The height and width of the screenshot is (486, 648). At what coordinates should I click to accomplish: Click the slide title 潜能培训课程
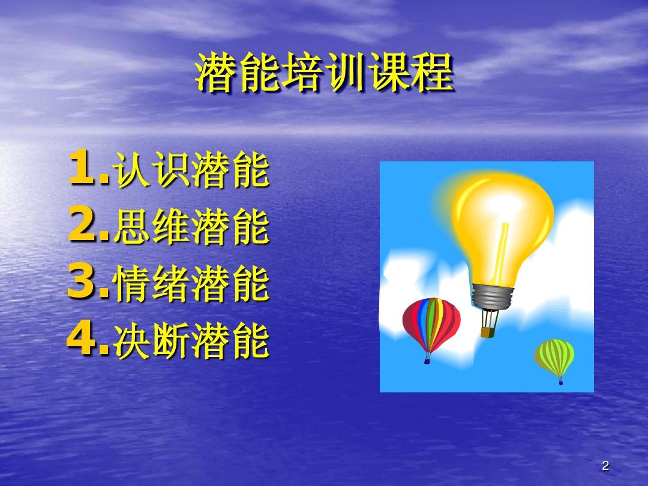325,73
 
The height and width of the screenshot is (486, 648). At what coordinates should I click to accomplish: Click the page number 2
605,466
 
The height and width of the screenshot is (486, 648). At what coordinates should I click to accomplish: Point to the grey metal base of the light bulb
493,296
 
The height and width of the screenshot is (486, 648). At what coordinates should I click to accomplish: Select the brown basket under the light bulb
488,332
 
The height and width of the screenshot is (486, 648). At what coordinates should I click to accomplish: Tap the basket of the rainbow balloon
427,361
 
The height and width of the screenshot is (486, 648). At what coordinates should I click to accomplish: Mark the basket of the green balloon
560,382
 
